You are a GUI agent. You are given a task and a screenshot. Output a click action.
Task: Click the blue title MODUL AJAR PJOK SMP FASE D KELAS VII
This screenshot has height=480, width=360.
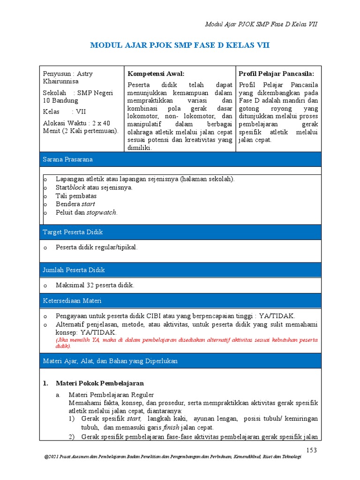[x=180, y=45]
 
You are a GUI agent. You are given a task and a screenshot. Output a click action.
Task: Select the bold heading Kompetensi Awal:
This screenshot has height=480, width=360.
[x=156, y=74]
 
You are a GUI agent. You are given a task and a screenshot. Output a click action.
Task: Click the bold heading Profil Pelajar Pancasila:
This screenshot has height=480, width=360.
[x=276, y=74]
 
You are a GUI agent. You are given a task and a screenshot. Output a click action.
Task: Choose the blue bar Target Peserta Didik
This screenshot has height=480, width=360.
[x=73, y=232]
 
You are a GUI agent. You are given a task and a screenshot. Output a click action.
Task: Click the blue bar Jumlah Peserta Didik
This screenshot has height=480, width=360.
[x=74, y=270]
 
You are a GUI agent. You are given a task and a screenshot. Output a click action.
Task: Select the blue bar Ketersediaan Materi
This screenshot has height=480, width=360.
[x=72, y=300]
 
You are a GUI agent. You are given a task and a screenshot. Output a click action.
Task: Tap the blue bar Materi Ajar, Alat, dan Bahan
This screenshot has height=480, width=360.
[x=110, y=361]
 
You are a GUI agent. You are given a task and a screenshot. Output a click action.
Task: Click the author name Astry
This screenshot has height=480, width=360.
[x=85, y=74]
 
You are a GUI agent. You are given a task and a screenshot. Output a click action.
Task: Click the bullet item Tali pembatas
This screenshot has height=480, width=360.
[x=76, y=196]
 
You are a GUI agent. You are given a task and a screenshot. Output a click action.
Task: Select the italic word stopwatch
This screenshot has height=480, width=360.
[x=102, y=212]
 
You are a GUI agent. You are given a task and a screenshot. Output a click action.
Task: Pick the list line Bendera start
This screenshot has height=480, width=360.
[x=75, y=204]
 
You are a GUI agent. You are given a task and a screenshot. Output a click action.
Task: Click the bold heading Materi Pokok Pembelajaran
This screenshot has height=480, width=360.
[x=99, y=383]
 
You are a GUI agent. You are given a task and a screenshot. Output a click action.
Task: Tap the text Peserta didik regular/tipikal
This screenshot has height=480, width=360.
[x=97, y=247]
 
